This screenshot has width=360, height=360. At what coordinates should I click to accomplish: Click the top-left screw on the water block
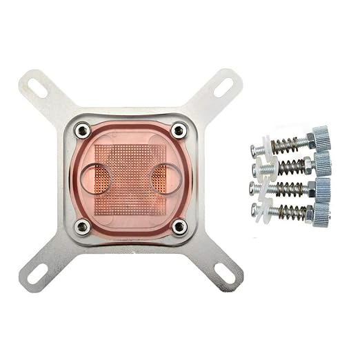click(82, 130)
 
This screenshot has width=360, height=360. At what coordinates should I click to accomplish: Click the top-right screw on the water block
click(179, 130)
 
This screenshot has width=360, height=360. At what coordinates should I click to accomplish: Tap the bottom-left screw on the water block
click(82, 226)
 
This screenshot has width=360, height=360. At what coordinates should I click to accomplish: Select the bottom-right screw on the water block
click(179, 226)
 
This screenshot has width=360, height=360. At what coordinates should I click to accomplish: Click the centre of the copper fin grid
click(131, 178)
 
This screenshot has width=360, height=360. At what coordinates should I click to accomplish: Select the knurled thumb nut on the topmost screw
click(320, 138)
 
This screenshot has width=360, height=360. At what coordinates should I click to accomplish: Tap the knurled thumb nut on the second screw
click(321, 163)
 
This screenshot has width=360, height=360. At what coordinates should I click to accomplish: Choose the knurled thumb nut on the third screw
click(321, 188)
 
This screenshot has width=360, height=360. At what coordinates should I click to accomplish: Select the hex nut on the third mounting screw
click(308, 188)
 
